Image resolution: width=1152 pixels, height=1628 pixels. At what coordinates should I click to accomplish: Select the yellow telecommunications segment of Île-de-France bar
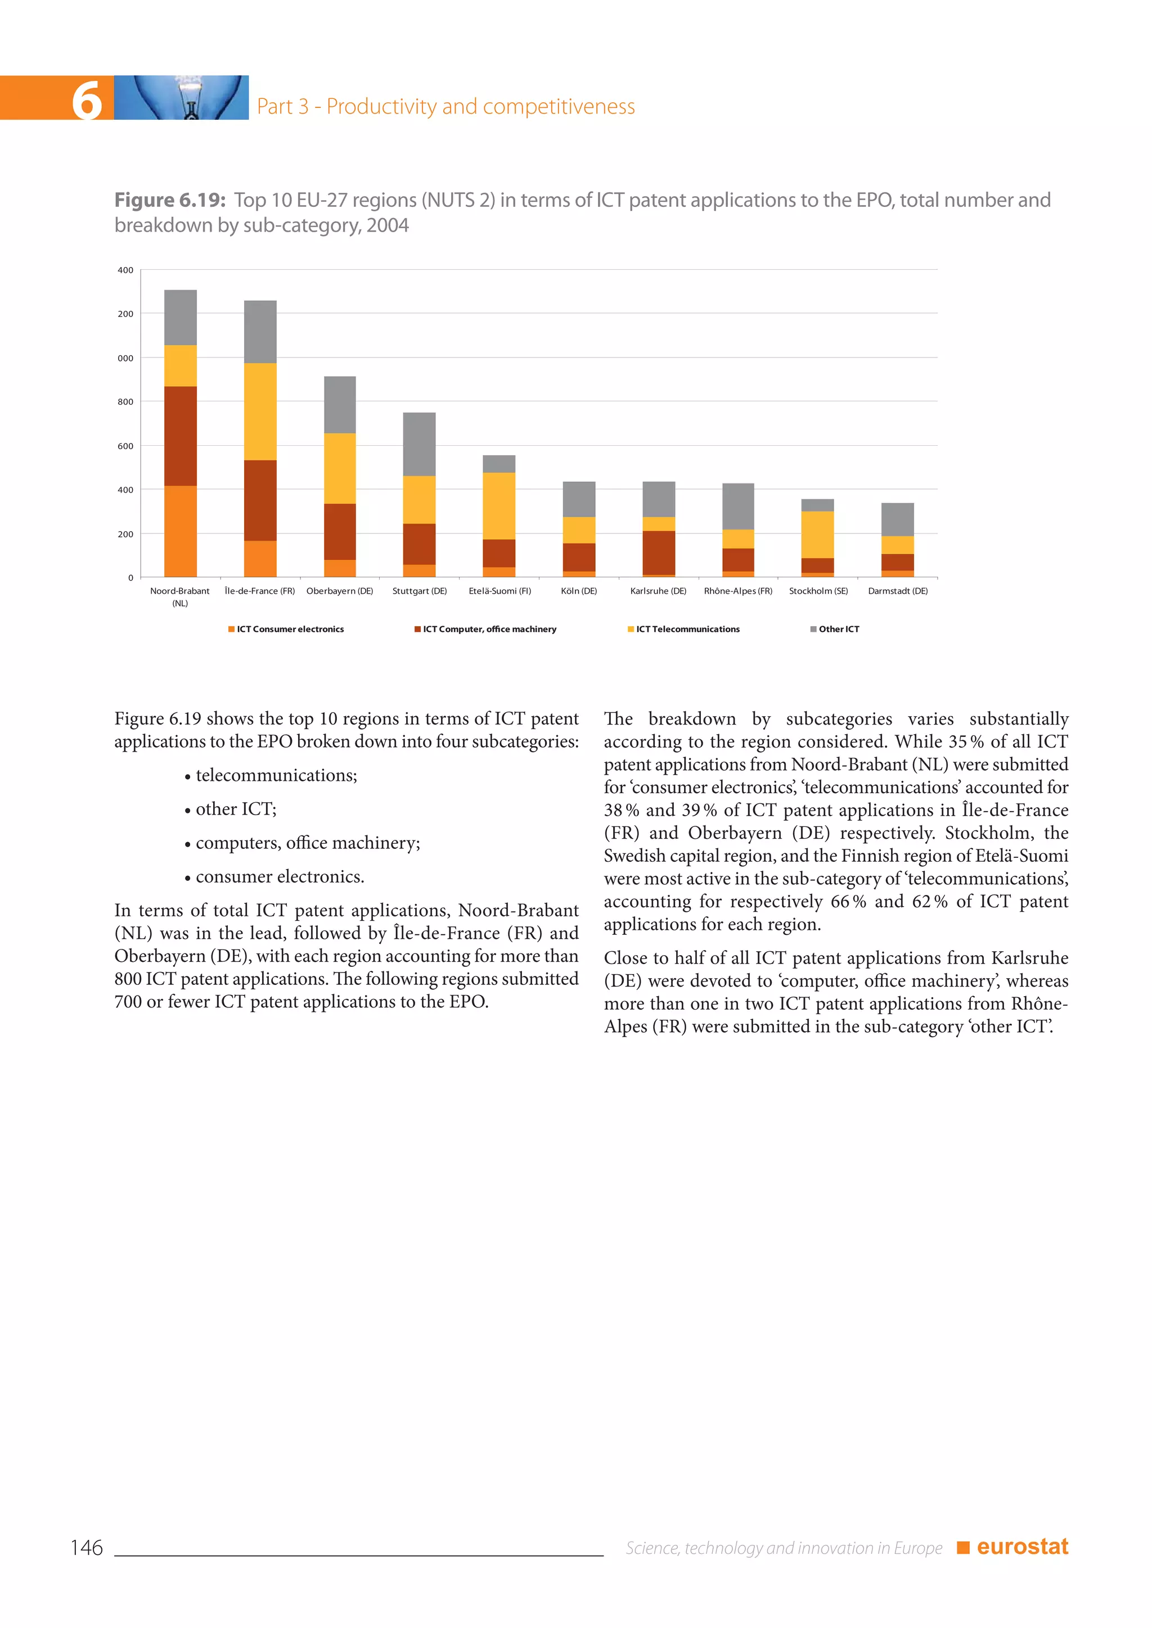pyautogui.click(x=260, y=411)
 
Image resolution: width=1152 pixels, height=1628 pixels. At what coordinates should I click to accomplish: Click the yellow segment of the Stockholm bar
pyautogui.click(x=817, y=534)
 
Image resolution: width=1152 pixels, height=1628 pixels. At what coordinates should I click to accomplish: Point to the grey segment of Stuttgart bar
pyautogui.click(x=419, y=444)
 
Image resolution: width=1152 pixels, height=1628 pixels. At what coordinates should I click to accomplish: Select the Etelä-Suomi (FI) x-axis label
pyautogui.click(x=499, y=591)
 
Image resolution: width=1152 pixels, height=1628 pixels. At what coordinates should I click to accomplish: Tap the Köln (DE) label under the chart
pyautogui.click(x=579, y=591)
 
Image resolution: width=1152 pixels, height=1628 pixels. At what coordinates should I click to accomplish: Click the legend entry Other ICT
pyautogui.click(x=838, y=629)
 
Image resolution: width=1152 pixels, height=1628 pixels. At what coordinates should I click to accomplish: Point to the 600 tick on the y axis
pyautogui.click(x=125, y=446)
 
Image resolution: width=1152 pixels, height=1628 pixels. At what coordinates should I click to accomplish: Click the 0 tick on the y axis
pyautogui.click(x=130, y=578)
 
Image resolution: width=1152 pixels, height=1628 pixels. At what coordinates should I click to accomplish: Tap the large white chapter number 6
pyautogui.click(x=87, y=100)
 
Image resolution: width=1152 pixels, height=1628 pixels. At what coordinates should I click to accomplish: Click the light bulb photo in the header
pyautogui.click(x=182, y=98)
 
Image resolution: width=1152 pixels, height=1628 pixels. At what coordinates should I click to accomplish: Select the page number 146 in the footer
pyautogui.click(x=87, y=1547)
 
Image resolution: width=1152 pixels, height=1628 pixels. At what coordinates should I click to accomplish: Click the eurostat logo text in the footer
pyautogui.click(x=1021, y=1546)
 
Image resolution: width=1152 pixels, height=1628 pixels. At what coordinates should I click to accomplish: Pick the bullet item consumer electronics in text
pyautogui.click(x=280, y=876)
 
